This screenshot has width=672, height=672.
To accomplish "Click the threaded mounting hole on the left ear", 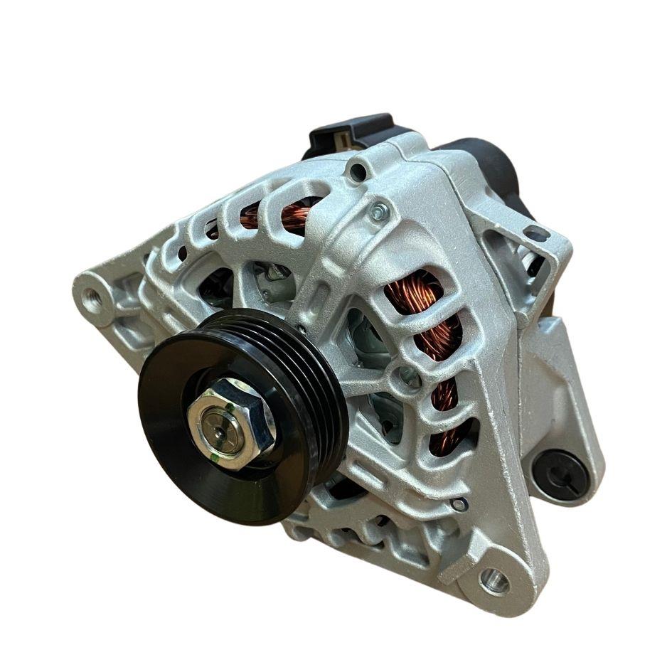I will [91, 299].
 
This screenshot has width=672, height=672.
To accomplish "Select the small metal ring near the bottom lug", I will [460, 504].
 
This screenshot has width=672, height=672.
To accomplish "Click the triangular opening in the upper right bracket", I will [530, 267].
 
